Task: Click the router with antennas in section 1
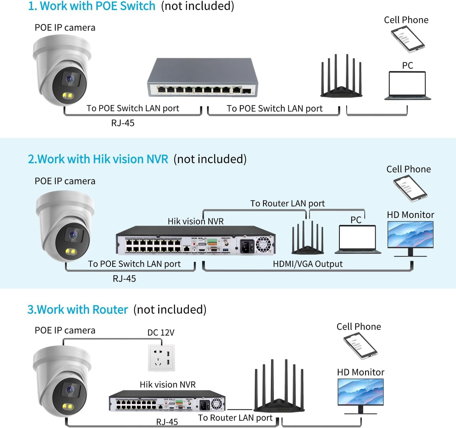click(341, 79)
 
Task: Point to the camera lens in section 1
click(70, 79)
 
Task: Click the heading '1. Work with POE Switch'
click(92, 6)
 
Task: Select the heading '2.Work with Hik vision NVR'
click(98, 159)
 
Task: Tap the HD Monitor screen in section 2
click(410, 234)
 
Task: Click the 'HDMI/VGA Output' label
click(307, 264)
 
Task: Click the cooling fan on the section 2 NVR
click(264, 244)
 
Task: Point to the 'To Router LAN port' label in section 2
click(287, 204)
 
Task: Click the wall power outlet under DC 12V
click(161, 358)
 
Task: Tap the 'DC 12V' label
click(161, 333)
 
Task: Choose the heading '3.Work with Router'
click(78, 310)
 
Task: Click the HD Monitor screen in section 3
click(360, 392)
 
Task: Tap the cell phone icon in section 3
click(360, 346)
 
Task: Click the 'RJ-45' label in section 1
click(123, 123)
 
